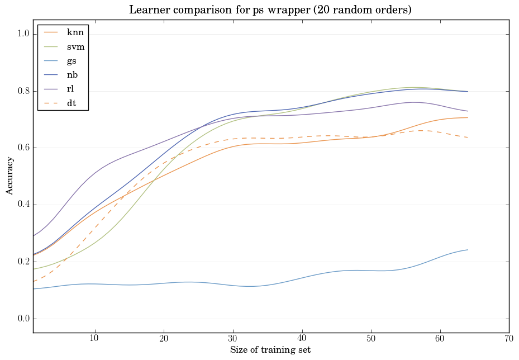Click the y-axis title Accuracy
click(x=10, y=176)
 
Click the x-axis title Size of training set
click(x=270, y=350)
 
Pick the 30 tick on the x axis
click(x=233, y=339)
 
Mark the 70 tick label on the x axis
click(x=509, y=339)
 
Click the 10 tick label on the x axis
click(x=94, y=339)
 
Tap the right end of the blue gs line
click(x=468, y=250)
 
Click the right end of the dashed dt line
click(x=468, y=138)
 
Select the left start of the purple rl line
click(x=34, y=236)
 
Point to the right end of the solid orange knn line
click(x=468, y=117)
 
